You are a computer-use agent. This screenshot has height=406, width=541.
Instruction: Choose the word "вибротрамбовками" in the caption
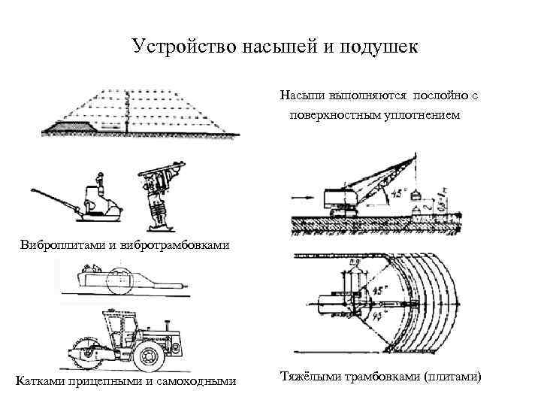tap(179, 246)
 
